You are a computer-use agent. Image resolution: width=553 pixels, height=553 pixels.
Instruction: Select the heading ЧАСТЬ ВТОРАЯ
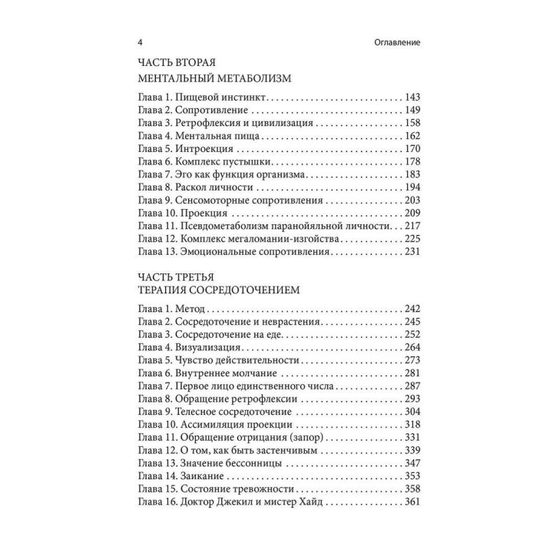tap(179, 62)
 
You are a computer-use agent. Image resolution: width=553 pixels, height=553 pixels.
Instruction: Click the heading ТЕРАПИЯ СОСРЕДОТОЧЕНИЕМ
tap(217, 290)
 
